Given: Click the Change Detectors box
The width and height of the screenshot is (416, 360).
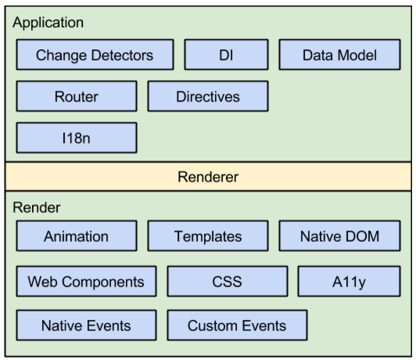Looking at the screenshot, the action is pos(95,55).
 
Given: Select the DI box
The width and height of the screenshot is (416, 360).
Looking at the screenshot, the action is pos(226,55).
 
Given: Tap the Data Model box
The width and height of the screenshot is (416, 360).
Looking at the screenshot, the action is pos(339,55).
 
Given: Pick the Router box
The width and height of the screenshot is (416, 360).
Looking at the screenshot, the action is pos(77,96).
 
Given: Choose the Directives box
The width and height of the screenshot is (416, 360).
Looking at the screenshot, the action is pos(208,96).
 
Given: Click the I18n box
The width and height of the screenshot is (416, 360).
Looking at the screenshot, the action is pos(77,138).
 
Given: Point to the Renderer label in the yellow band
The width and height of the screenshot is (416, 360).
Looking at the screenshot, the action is pos(208,177).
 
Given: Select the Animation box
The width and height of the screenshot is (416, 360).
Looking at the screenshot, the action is pos(77,236).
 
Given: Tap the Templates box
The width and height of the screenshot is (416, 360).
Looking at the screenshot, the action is pos(208,236).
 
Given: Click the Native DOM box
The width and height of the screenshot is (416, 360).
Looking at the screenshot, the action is pos(339,236).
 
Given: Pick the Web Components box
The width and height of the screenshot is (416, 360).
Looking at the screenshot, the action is pos(86,281).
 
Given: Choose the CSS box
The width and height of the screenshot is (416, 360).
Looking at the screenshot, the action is pos(228,281).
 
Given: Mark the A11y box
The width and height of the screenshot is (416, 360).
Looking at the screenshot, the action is pos(349,281).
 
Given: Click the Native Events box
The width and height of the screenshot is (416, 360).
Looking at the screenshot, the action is pos(86,326).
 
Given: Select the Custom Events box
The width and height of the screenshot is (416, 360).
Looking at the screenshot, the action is pos(237,326).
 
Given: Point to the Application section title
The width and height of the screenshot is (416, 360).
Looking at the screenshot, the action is pos(48,23).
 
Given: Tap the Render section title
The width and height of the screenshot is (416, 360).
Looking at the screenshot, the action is pos(37,207).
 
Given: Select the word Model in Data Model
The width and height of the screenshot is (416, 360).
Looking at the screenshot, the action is pos(357,56).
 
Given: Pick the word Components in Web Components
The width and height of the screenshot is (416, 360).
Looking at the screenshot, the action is pos(103,283).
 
